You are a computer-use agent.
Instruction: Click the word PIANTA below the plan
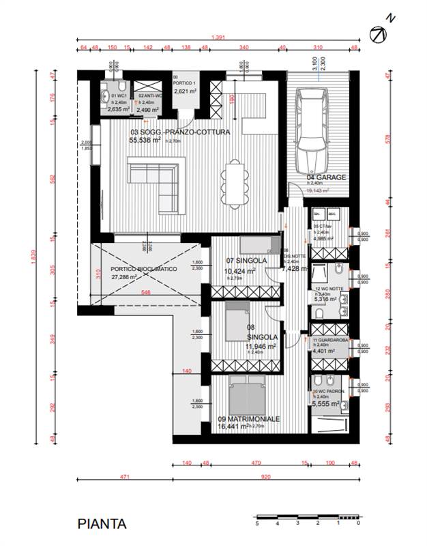(x=102, y=524)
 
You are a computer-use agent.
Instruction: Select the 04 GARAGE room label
(x=327, y=177)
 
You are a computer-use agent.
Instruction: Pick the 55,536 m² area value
(x=145, y=140)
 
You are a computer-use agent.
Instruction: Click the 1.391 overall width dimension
(x=219, y=38)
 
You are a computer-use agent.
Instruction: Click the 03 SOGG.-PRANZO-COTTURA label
(x=179, y=132)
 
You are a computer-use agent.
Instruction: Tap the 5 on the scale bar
(x=257, y=523)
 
